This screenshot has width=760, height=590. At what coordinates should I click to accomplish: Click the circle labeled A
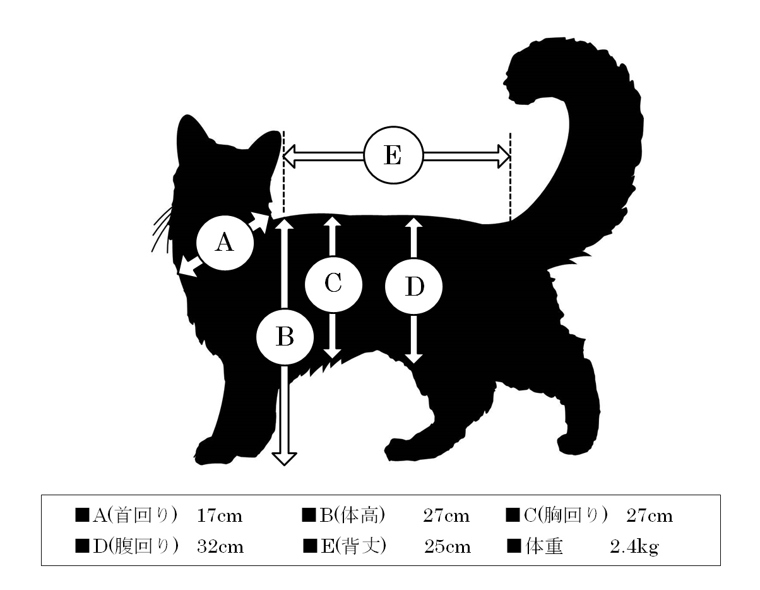(x=225, y=243)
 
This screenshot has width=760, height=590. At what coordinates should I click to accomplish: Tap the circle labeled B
(x=285, y=337)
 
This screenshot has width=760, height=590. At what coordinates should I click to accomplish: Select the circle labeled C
(x=333, y=284)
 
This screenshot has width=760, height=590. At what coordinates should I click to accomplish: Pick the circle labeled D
(x=413, y=287)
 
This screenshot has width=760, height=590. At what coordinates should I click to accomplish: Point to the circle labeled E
(x=393, y=155)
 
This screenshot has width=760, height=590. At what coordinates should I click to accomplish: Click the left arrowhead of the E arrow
(x=289, y=156)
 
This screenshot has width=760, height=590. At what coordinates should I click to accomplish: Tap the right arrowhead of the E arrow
(x=504, y=156)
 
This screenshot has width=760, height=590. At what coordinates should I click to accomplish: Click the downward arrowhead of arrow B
(x=284, y=459)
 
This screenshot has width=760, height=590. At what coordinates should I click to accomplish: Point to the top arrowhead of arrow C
(x=332, y=222)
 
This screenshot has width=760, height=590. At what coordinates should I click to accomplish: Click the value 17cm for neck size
(x=220, y=516)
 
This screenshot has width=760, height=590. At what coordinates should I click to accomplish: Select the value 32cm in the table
(x=220, y=547)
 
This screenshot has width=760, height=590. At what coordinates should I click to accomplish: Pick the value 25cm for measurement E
(x=448, y=547)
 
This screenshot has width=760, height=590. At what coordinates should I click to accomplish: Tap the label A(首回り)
(x=135, y=516)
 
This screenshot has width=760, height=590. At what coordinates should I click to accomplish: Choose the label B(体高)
(x=352, y=515)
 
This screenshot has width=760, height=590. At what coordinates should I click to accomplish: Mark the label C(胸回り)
(x=566, y=515)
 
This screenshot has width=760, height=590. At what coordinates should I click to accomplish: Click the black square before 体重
(x=514, y=546)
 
